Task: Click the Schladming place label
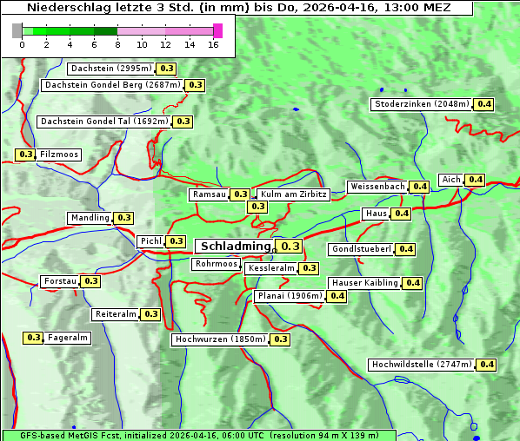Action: [236, 247]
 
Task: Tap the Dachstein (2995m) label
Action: [110, 69]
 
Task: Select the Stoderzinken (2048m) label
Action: [422, 104]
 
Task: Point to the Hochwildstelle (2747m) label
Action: [422, 365]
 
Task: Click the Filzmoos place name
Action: [58, 155]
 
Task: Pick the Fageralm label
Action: [67, 338]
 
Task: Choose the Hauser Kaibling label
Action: [364, 283]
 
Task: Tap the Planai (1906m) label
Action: [290, 296]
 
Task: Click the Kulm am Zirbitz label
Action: [293, 194]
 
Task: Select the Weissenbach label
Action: [377, 187]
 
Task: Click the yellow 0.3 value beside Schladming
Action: [290, 247]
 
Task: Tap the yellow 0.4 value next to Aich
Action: [475, 180]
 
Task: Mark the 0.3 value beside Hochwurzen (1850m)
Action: [280, 339]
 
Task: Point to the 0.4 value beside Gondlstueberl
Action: [405, 249]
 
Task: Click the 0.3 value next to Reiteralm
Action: [151, 314]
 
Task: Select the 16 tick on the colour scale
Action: [213, 44]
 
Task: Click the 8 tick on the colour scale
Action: [117, 44]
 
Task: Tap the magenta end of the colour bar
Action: [217, 30]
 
